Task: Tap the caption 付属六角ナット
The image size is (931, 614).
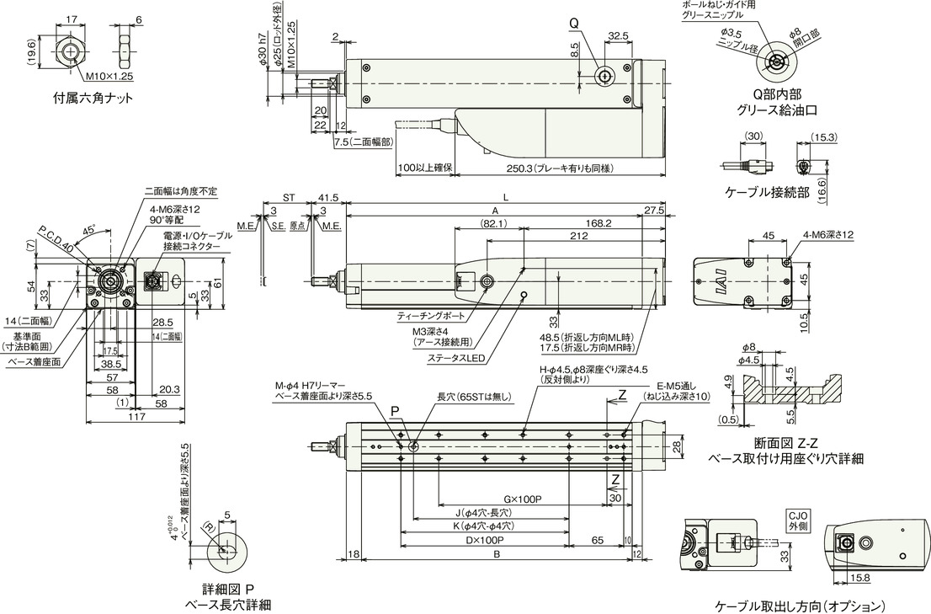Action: click(x=93, y=97)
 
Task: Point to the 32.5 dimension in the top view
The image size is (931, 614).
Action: click(x=619, y=36)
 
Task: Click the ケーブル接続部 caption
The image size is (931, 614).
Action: click(x=767, y=192)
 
